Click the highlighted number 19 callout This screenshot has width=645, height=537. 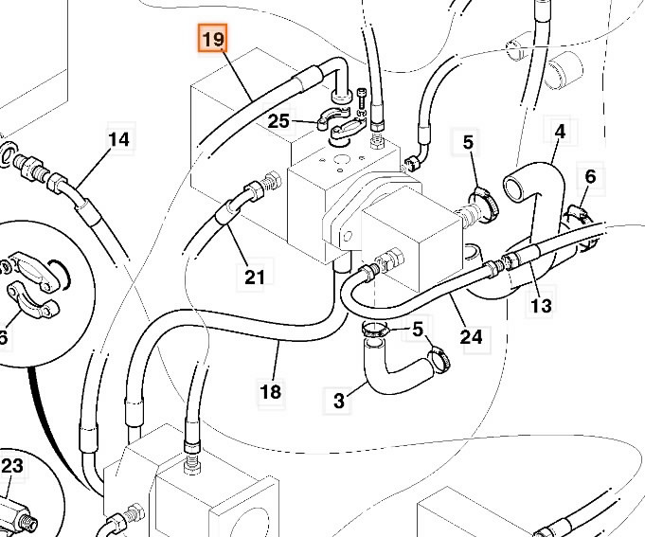point(211,40)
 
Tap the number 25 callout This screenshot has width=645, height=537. point(278,121)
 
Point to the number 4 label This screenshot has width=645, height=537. point(560,131)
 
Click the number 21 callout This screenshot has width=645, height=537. point(255,277)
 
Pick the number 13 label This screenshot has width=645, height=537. point(541,306)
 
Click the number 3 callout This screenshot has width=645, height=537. point(339,401)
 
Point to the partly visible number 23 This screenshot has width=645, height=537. point(11,465)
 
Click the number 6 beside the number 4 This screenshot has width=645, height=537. point(590,176)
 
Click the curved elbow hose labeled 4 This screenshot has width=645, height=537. point(536,180)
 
